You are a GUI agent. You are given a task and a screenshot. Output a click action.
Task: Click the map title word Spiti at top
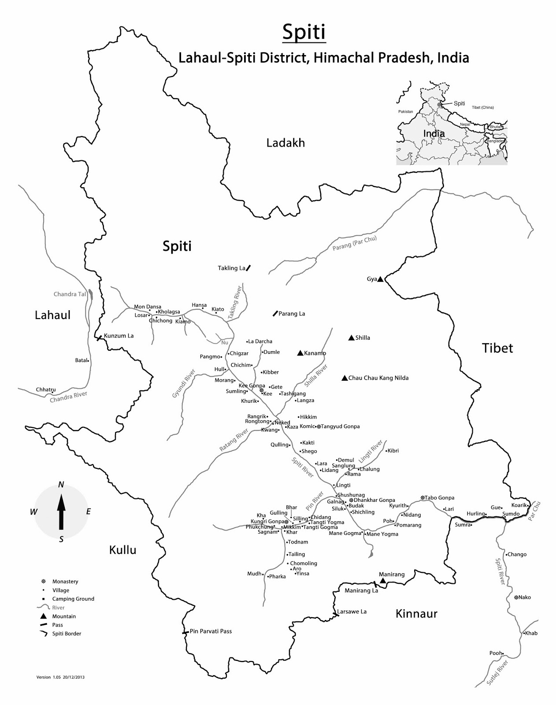point(304,33)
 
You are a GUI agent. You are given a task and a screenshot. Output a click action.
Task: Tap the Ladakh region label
point(285,143)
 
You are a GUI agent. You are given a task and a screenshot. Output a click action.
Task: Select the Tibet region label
point(497,348)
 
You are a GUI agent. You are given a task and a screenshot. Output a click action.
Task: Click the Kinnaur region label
point(416,613)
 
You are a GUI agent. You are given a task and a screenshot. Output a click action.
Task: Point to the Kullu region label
point(122,549)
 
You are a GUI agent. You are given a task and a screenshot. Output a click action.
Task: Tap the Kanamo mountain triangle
point(300,353)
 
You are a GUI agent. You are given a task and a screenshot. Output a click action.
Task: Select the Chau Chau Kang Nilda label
point(378,378)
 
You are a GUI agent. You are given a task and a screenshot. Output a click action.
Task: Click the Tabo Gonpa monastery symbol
point(423,497)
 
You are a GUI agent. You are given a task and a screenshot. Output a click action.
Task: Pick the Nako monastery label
point(524,597)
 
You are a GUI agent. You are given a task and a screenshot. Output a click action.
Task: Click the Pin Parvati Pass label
point(211,631)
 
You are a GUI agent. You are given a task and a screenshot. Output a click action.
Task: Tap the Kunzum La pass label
point(119,335)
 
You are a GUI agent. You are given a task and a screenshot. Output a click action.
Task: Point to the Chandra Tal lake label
point(70,294)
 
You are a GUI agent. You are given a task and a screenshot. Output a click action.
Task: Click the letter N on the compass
point(61,485)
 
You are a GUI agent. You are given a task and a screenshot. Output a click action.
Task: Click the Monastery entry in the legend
point(65,581)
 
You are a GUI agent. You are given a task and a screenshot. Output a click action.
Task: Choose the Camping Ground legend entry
point(73,598)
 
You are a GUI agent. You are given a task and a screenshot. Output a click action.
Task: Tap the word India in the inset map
point(434,133)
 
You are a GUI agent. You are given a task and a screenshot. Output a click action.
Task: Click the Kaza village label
point(293,427)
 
